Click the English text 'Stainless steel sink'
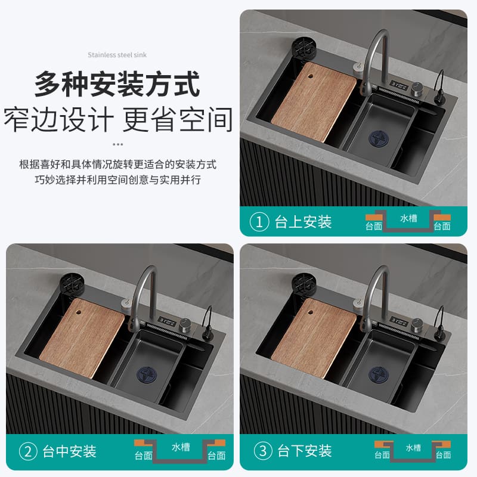[117, 55]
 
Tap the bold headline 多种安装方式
[117, 84]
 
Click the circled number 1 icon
[259, 222]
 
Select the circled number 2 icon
[28, 451]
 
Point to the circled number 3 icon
[263, 451]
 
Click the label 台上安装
[303, 222]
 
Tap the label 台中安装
[69, 451]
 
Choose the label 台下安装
[305, 451]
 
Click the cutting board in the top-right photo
[314, 102]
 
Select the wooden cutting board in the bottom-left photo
[82, 338]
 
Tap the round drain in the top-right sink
[379, 139]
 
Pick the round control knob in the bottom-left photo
[185, 325]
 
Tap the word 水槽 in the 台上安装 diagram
[408, 218]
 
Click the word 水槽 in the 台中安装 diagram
[181, 447]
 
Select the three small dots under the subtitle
[117, 144]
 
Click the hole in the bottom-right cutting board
[311, 312]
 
